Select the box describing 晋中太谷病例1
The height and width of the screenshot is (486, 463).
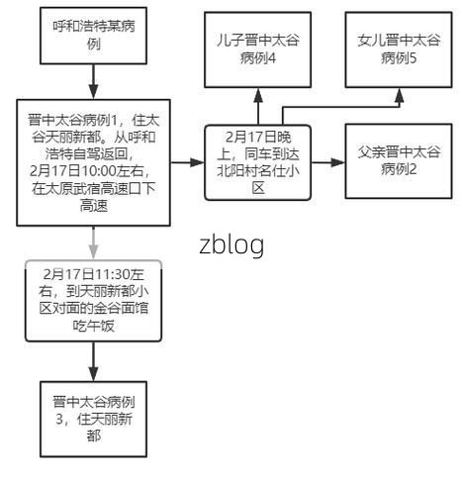coord(92,163)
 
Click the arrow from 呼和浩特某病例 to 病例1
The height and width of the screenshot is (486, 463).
coord(92,79)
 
